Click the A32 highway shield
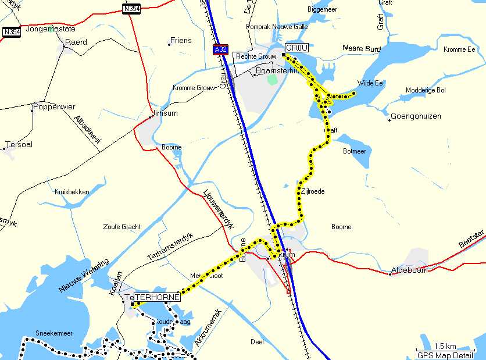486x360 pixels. point(220,49)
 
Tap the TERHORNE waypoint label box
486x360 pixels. point(156,297)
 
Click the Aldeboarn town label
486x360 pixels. point(410,270)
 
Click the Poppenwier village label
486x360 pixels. point(52,106)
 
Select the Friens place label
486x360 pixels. point(180,41)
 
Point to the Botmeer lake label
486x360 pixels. point(355,151)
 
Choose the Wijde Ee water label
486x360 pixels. point(370,83)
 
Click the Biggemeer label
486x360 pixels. point(321,9)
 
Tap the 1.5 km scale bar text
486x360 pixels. point(445,346)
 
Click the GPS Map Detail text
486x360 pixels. point(445,355)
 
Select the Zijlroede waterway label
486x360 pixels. point(312,191)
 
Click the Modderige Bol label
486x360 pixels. point(426,90)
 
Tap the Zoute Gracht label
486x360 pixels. point(121,226)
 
